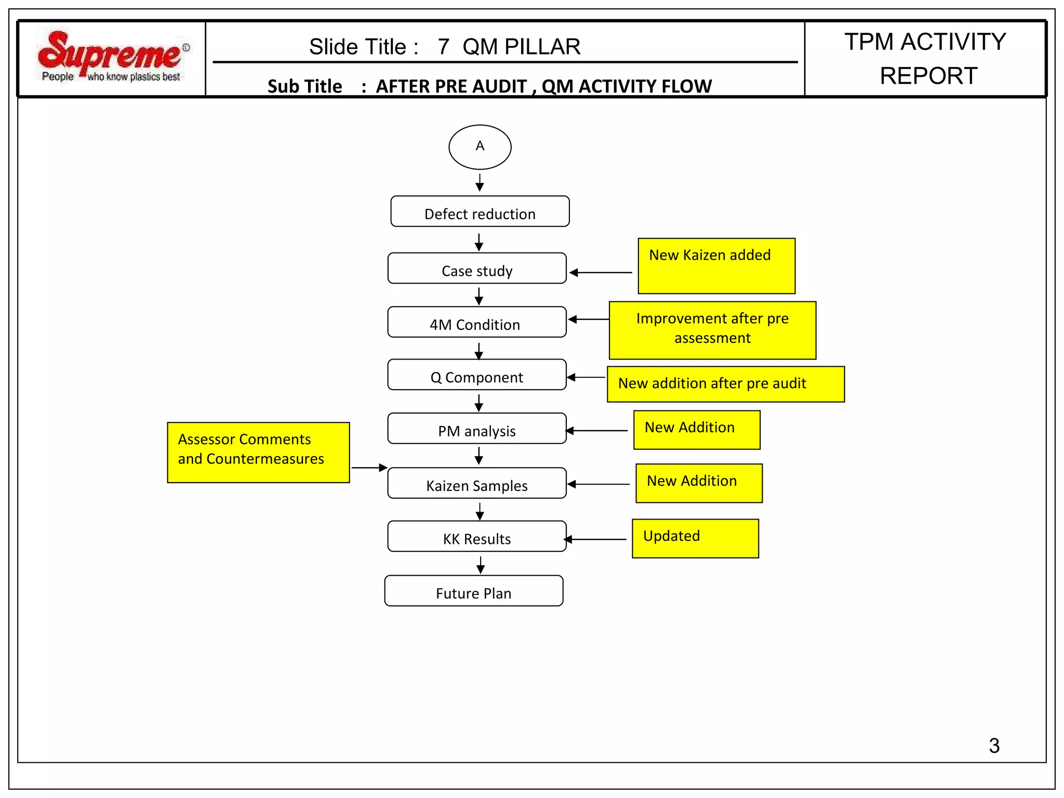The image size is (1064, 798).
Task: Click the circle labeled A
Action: tap(480, 147)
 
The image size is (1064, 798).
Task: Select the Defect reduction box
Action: tap(480, 211)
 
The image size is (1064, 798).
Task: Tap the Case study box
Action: tap(477, 269)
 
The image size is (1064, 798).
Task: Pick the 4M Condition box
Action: tap(476, 322)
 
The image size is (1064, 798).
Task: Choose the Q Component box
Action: tap(476, 375)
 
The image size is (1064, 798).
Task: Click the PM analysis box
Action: tap(476, 429)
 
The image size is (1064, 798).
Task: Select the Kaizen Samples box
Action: tap(476, 483)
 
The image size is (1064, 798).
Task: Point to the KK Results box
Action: tap(476, 537)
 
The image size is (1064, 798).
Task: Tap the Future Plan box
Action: tap(473, 591)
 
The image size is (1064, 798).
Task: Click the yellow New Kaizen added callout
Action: tap(716, 266)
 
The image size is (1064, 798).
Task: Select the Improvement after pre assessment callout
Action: tap(712, 330)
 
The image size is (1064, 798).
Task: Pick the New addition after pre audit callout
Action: tap(725, 384)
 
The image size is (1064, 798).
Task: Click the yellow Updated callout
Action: tap(695, 539)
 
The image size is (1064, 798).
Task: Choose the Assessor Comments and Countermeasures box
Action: tap(258, 453)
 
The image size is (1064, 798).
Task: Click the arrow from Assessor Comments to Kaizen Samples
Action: tap(369, 468)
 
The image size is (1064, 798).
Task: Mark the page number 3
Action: tap(994, 746)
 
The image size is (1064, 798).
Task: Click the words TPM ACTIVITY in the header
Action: tap(925, 42)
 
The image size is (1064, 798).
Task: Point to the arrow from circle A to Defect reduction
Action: tap(480, 183)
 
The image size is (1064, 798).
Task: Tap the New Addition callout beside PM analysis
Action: tap(697, 430)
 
